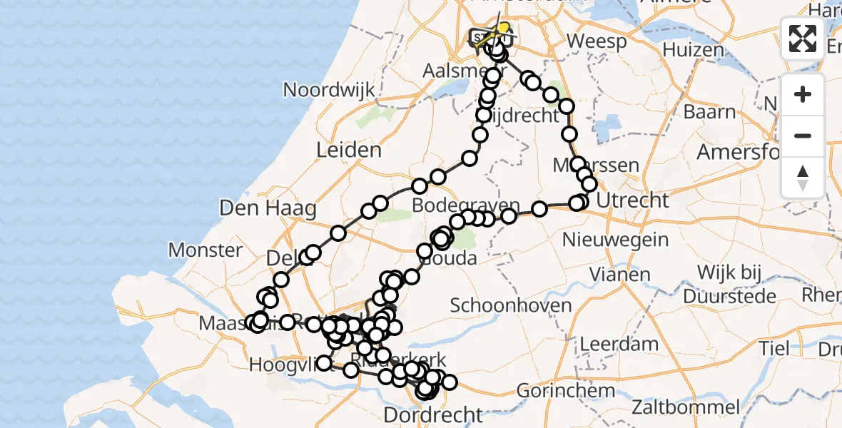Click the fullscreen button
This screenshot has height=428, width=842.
pyautogui.click(x=803, y=39)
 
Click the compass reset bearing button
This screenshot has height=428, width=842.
pyautogui.click(x=803, y=177)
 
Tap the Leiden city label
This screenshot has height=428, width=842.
pyautogui.click(x=350, y=151)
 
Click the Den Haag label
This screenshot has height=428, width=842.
pyautogui.click(x=258, y=208)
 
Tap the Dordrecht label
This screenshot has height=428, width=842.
pyautogui.click(x=432, y=414)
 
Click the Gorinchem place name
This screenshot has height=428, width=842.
pyautogui.click(x=565, y=391)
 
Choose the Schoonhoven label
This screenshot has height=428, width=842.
pyautogui.click(x=510, y=305)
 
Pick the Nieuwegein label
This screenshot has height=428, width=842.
pyautogui.click(x=615, y=238)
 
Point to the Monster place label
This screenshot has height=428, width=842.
pyautogui.click(x=206, y=250)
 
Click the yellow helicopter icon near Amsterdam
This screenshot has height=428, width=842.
pyautogui.click(x=502, y=29)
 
